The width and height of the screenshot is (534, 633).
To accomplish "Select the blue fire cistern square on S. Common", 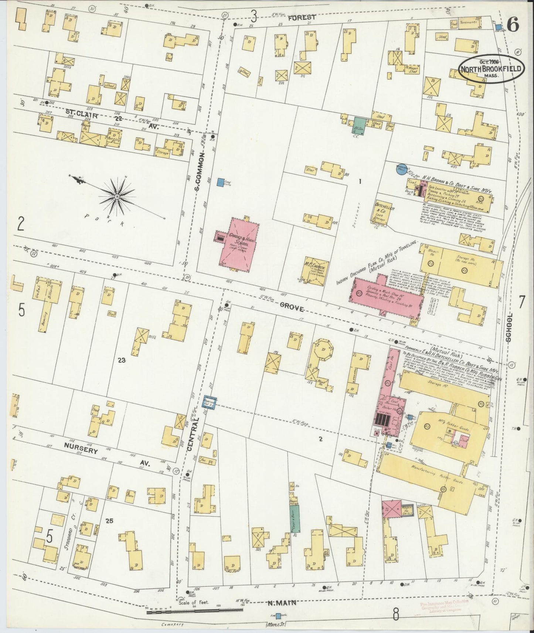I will click(x=221, y=182).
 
